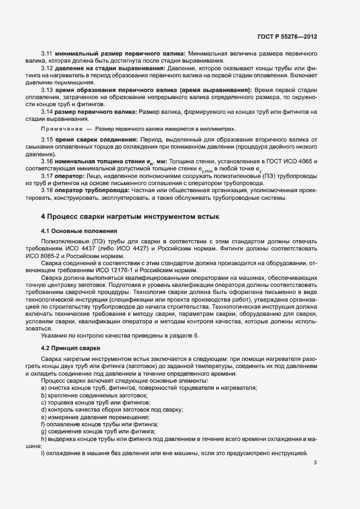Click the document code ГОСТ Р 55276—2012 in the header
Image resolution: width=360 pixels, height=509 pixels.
(287, 36)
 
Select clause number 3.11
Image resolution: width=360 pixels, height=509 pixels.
(47, 54)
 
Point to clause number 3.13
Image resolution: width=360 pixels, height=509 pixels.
(47, 89)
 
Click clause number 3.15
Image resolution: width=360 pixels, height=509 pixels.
(47, 140)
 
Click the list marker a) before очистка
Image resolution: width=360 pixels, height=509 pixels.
(44, 388)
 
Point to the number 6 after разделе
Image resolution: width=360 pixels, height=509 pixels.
(197, 335)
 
